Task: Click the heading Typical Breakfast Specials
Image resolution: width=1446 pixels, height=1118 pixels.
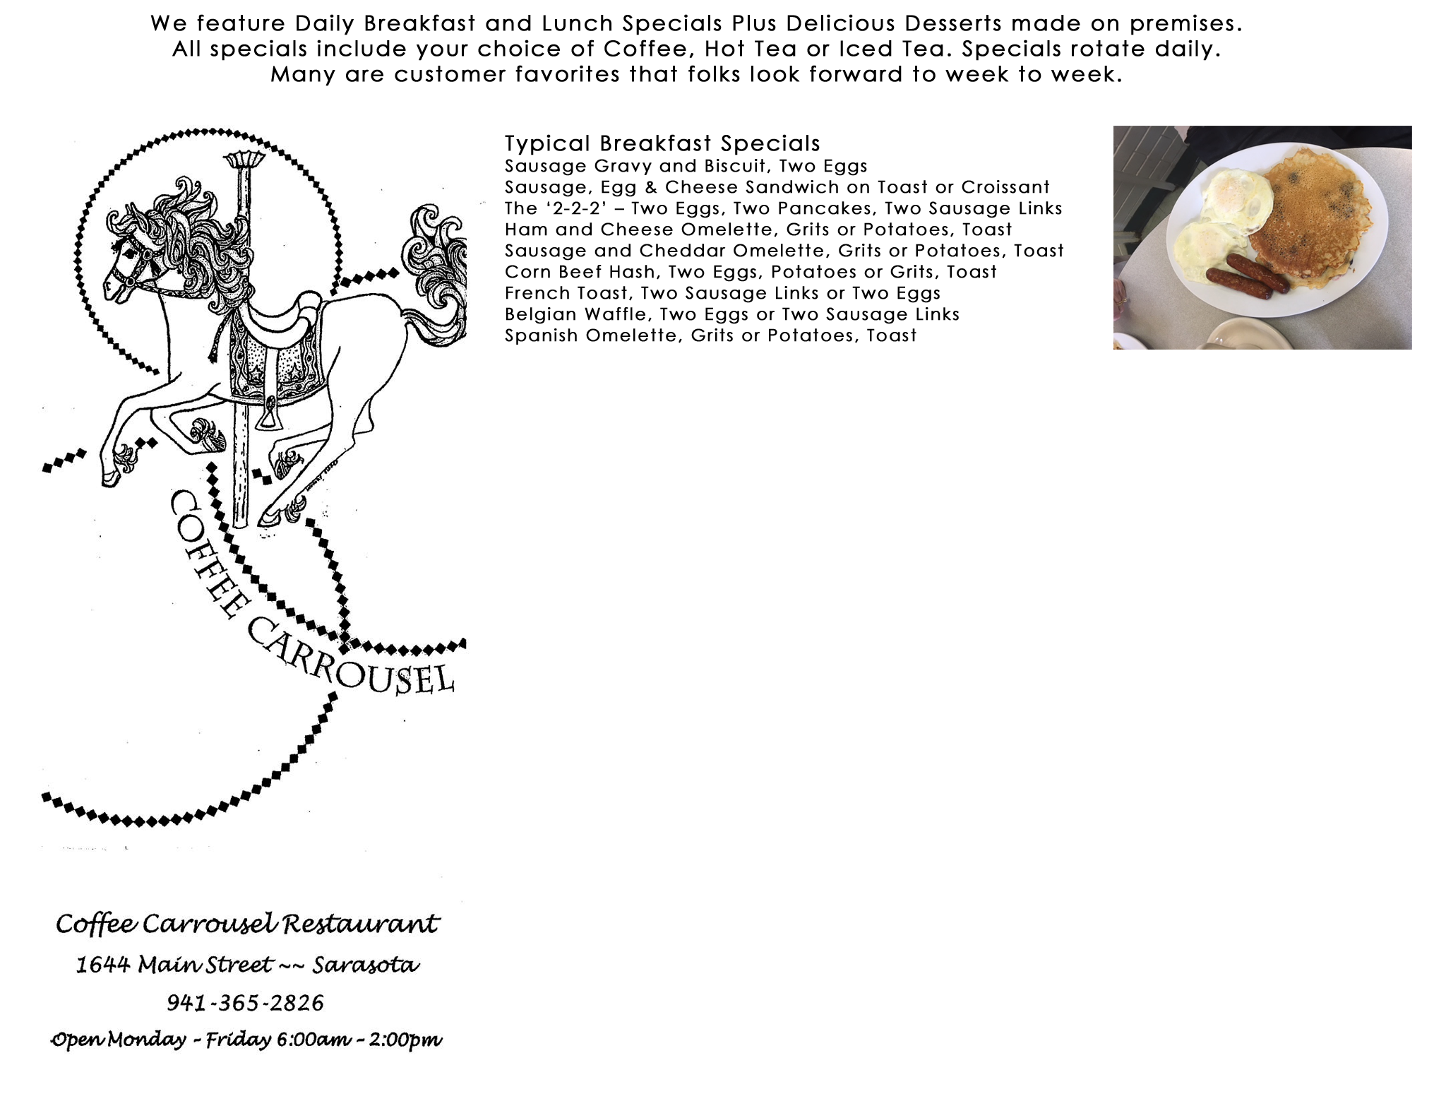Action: click(x=662, y=143)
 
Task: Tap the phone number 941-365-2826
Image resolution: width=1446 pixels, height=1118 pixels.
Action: click(x=246, y=1002)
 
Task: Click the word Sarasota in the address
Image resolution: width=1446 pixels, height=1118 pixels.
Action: click(x=366, y=964)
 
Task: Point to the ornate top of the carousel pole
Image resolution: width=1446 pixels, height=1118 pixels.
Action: click(x=245, y=159)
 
